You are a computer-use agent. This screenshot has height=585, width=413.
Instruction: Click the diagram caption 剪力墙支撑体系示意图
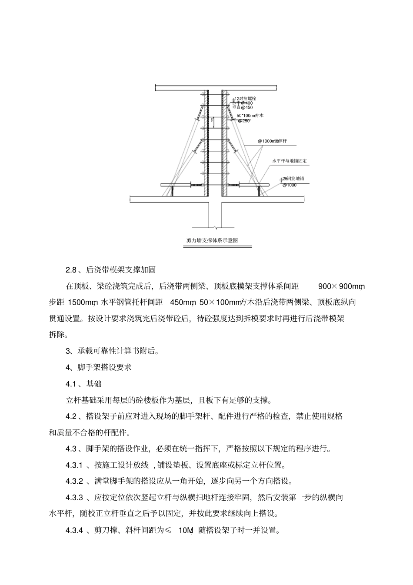[212, 240]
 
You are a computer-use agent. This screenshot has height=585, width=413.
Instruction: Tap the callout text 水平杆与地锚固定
[289, 161]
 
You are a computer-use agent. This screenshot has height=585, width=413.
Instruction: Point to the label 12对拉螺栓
[245, 99]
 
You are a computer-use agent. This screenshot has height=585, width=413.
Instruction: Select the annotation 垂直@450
[243, 107]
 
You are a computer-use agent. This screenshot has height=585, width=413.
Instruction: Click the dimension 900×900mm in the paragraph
[341, 286]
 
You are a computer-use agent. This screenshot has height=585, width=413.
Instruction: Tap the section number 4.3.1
[74, 465]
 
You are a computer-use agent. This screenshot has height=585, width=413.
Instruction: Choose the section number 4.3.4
[74, 530]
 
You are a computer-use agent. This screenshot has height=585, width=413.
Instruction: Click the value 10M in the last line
[186, 530]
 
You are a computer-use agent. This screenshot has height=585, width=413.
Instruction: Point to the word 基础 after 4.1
[94, 384]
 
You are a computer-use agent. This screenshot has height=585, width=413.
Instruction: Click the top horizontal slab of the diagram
[216, 89]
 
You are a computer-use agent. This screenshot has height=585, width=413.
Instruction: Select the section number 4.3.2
[74, 481]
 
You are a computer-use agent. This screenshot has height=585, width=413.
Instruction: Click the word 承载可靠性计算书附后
[118, 351]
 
